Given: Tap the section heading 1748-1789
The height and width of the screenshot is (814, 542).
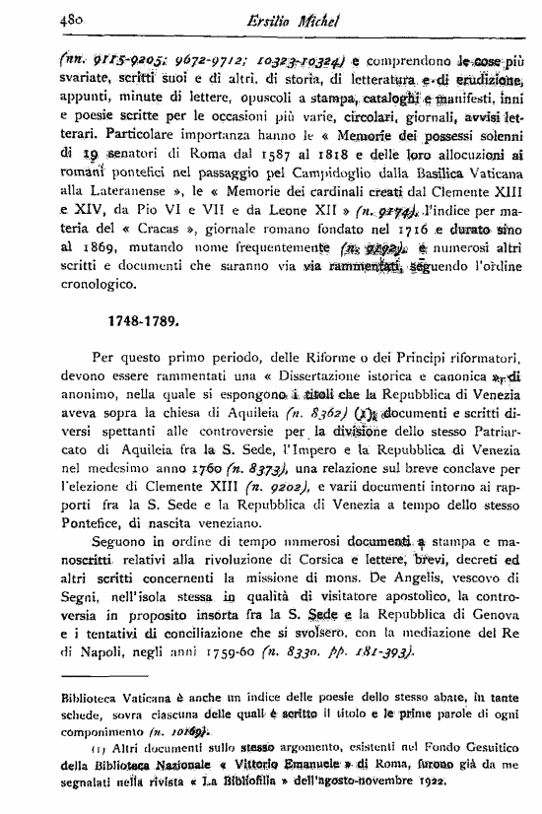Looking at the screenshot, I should [x=148, y=320].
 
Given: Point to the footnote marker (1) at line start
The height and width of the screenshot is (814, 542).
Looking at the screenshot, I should [x=78, y=750].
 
